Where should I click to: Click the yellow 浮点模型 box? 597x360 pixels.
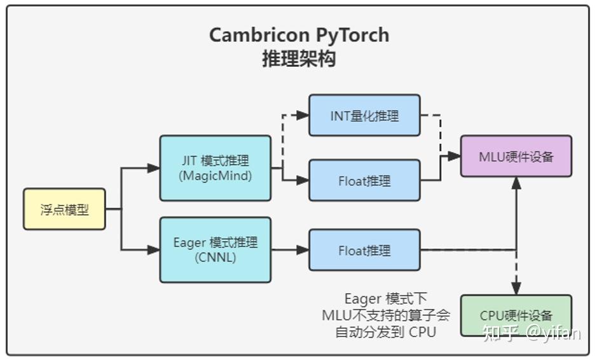64,209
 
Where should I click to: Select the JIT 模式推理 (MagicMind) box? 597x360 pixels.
215,168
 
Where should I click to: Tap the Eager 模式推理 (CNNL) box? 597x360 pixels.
215,250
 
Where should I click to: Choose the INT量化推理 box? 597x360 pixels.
364,115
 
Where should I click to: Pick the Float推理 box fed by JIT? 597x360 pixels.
364,181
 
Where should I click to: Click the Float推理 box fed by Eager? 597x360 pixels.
364,250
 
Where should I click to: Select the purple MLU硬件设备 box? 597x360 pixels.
516,156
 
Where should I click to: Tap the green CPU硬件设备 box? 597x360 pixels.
516,315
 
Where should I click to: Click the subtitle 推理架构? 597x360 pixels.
299,59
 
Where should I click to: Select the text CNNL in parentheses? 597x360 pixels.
215,258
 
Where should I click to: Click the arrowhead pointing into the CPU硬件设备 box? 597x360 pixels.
516,289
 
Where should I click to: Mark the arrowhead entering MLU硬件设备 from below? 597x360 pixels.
516,183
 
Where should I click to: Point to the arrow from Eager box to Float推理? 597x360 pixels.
289,250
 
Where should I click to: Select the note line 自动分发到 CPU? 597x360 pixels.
386,331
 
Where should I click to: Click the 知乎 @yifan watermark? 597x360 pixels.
532,333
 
